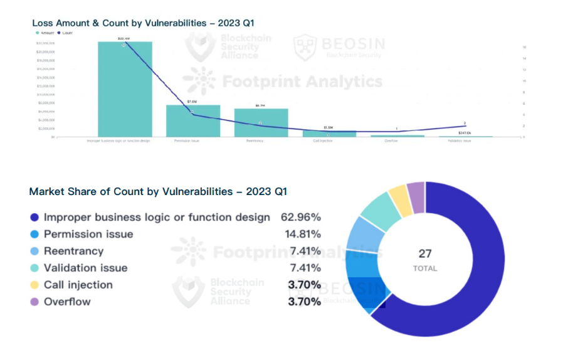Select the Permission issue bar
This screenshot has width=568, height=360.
[193, 120]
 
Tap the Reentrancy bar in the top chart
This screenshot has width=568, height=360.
[261, 122]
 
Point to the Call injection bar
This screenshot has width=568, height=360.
[329, 134]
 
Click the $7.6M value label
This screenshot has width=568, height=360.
[192, 101]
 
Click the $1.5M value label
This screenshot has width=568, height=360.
[328, 127]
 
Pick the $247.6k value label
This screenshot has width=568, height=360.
[464, 132]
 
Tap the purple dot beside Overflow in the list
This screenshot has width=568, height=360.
[34, 302]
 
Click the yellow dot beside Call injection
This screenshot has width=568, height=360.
[34, 285]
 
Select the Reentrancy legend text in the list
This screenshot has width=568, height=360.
[73, 251]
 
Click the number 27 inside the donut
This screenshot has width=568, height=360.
[426, 253]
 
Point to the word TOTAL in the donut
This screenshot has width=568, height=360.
[426, 268]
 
